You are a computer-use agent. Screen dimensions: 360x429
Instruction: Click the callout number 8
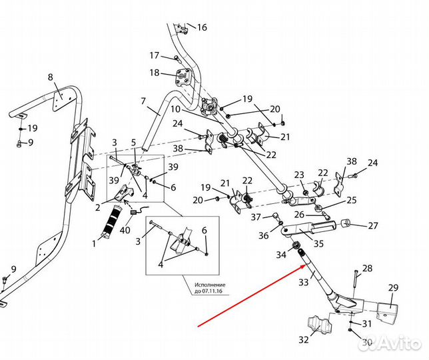50,78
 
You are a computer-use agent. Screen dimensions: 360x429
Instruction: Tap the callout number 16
202,27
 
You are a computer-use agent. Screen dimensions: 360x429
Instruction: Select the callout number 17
154,55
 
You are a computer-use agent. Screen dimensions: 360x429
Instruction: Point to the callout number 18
154,73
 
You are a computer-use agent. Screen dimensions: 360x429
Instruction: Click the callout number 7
143,101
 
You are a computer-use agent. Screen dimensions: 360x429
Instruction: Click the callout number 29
393,288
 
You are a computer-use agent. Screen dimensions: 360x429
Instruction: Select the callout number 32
304,339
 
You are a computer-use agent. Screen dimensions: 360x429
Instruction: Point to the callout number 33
304,282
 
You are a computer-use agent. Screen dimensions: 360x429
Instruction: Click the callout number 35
318,244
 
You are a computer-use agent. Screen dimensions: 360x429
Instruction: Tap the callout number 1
95,243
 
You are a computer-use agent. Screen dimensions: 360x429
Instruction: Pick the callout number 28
367,269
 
